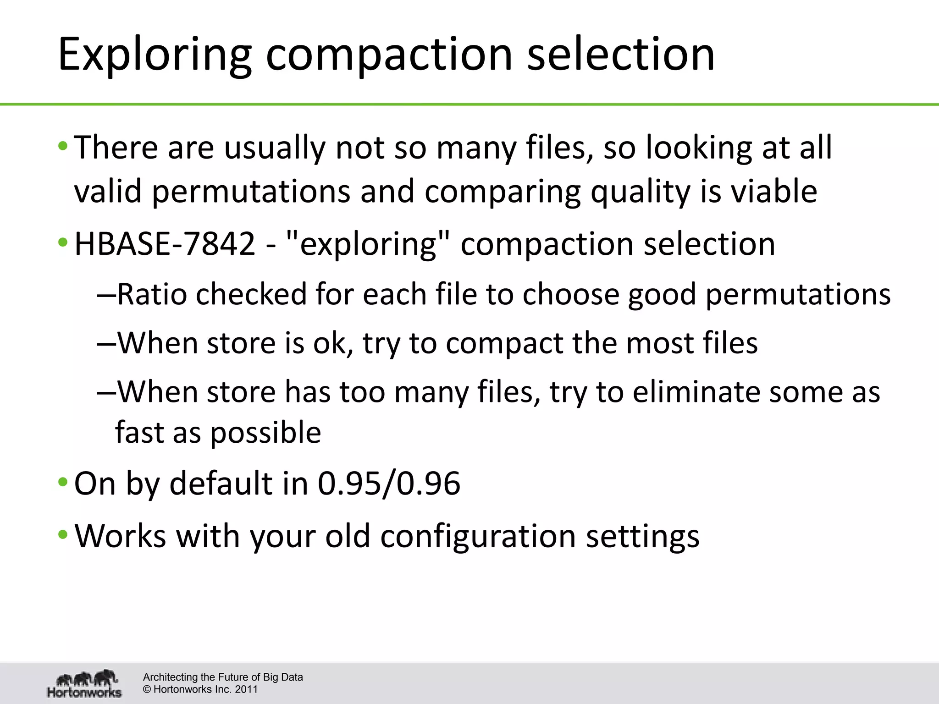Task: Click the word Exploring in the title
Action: tap(155, 55)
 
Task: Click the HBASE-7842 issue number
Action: tap(165, 244)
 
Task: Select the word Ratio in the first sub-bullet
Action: tap(152, 294)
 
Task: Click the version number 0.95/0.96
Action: tap(389, 484)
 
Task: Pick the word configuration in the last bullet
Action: tap(478, 536)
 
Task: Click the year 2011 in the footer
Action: tap(246, 689)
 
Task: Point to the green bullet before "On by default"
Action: tap(63, 483)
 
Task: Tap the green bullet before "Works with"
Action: tap(63, 535)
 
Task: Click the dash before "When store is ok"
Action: tap(106, 343)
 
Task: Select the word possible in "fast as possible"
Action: tap(265, 433)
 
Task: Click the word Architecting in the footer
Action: tap(170, 677)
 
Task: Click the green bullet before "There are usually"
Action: tap(63, 147)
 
